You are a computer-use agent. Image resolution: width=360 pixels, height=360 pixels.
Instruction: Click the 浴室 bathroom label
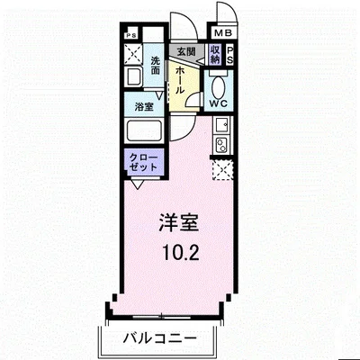[143, 106]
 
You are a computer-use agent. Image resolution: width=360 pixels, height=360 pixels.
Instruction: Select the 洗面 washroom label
[155, 66]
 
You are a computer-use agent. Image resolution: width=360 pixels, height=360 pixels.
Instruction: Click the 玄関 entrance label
[185, 52]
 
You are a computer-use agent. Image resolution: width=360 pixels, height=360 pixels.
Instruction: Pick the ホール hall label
[181, 78]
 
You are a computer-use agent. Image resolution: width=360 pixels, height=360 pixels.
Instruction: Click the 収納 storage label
[215, 53]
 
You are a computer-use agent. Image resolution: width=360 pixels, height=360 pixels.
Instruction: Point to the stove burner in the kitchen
[219, 145]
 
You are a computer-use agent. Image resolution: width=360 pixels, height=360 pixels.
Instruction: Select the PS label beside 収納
[231, 54]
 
